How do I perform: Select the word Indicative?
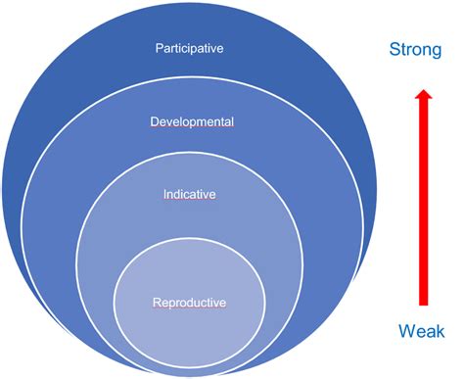coord(190,195)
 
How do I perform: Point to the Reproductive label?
coord(190,303)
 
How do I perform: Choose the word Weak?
coord(422,330)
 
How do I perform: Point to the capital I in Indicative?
coord(164,195)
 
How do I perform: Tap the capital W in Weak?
coord(405,330)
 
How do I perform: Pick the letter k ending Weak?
coord(441,330)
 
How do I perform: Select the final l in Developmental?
coord(232,121)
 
